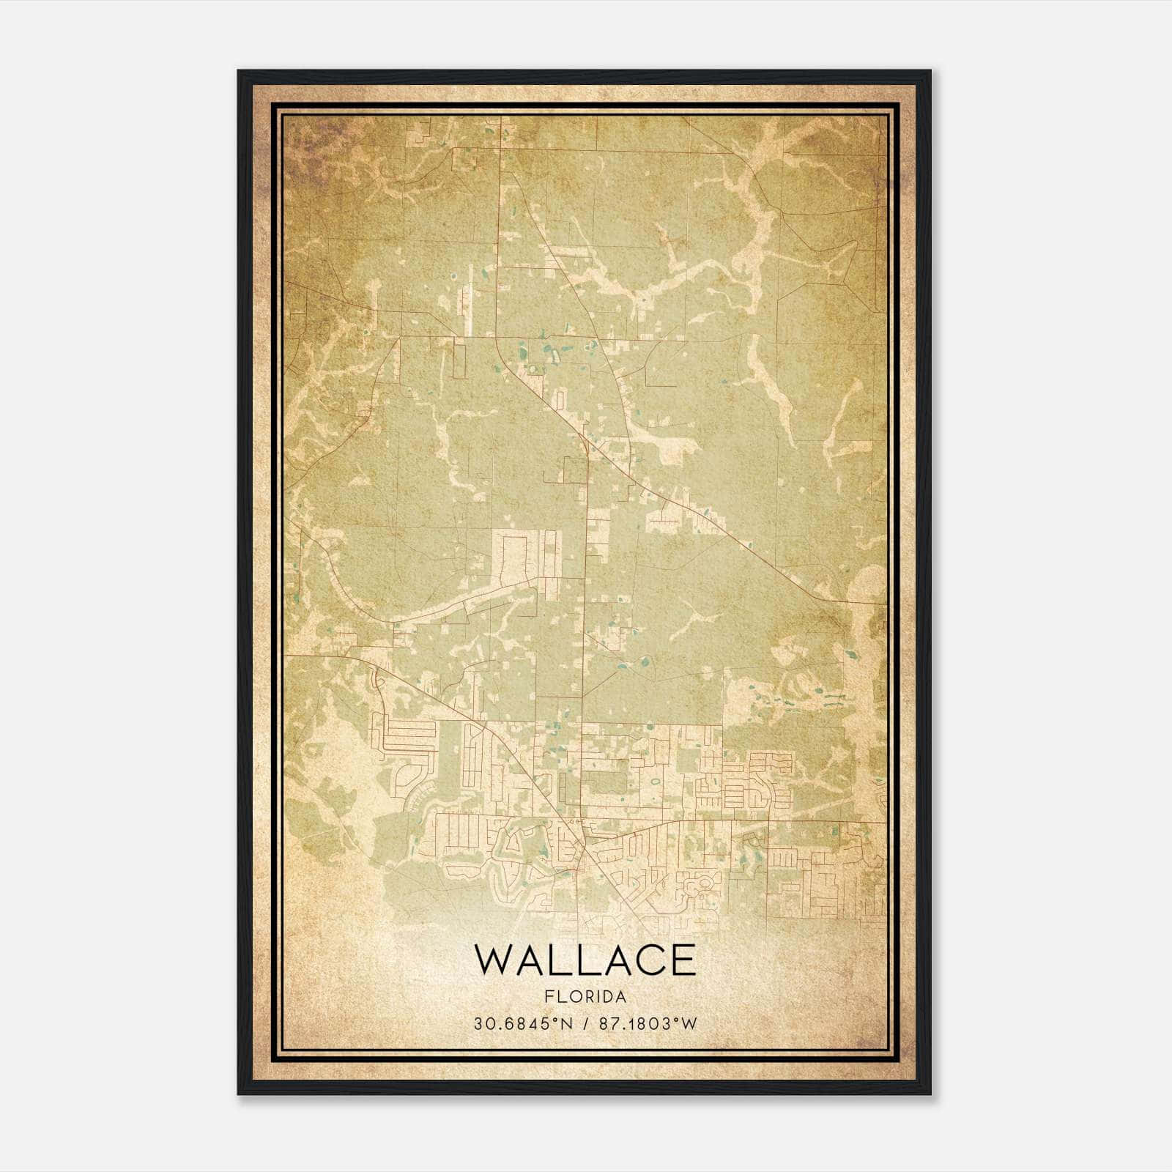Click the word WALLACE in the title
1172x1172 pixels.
[585, 960]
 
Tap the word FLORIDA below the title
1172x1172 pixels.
[585, 997]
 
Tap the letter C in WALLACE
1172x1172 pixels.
[645, 960]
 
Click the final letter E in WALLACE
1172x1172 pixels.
[683, 960]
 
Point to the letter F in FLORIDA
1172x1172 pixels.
[548, 997]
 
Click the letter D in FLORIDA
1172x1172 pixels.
[605, 997]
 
